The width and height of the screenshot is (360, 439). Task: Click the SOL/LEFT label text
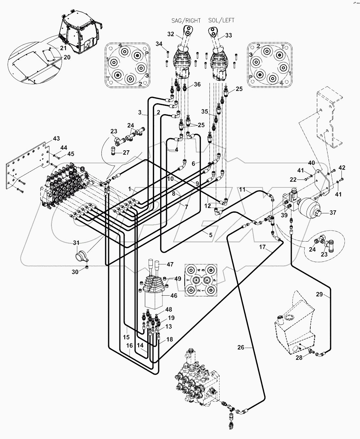click(x=221, y=20)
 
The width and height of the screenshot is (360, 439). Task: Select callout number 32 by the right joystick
click(x=170, y=34)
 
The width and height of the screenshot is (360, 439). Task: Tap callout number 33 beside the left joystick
click(x=229, y=36)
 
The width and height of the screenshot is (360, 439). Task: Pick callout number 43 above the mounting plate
click(x=56, y=138)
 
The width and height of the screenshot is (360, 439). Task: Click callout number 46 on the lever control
click(x=173, y=295)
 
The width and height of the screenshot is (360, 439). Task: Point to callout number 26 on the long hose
click(x=241, y=347)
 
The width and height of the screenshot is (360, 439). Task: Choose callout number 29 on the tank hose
click(x=319, y=294)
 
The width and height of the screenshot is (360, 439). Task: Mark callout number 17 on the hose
click(x=262, y=247)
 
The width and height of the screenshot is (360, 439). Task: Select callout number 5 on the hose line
click(x=210, y=235)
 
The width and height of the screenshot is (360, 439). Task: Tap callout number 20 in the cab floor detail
click(x=67, y=57)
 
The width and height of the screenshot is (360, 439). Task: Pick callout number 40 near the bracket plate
click(x=312, y=163)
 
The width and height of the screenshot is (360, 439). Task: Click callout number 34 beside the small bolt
click(x=159, y=44)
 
